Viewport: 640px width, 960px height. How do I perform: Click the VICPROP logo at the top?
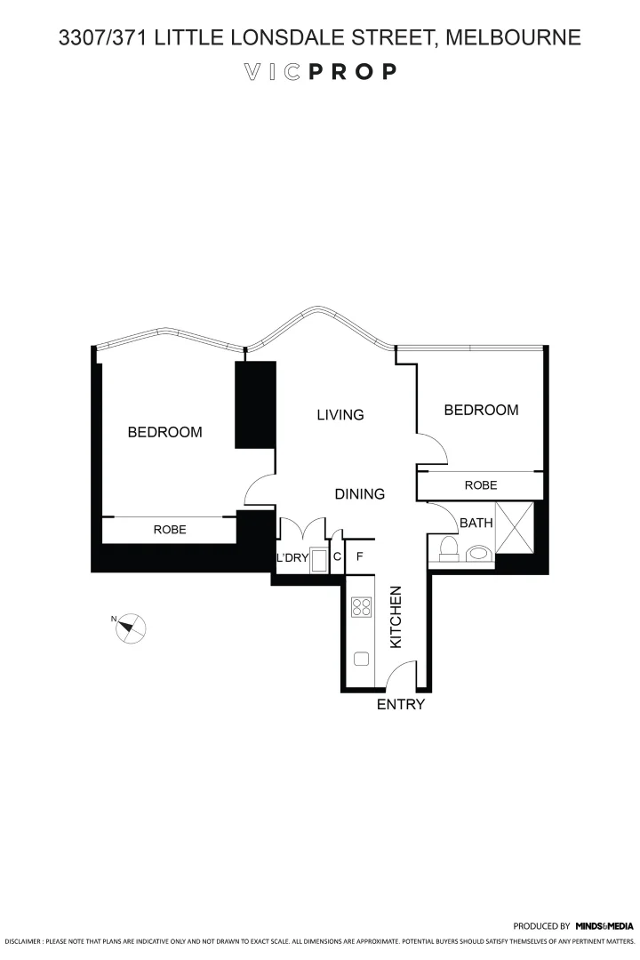pyautogui.click(x=320, y=72)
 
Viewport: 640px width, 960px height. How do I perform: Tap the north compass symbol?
pyautogui.click(x=130, y=627)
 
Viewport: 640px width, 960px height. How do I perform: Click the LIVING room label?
pyautogui.click(x=340, y=415)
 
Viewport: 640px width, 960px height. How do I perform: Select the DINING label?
pyautogui.click(x=359, y=494)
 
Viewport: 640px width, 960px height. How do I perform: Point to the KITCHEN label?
pyautogui.click(x=397, y=616)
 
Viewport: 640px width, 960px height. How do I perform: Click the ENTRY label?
pyautogui.click(x=401, y=705)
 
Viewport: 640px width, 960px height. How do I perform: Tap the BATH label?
pyautogui.click(x=475, y=524)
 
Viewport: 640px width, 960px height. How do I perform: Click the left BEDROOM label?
pyautogui.click(x=164, y=433)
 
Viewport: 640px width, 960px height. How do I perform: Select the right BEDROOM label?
pyautogui.click(x=481, y=410)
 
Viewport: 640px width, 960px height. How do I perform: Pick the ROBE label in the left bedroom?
pyautogui.click(x=170, y=529)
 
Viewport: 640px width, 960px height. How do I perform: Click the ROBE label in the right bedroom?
pyautogui.click(x=481, y=485)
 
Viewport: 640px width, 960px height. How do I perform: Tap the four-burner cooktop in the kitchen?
pyautogui.click(x=361, y=607)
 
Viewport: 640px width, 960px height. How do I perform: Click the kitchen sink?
pyautogui.click(x=361, y=659)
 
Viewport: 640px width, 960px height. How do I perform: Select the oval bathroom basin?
pyautogui.click(x=478, y=553)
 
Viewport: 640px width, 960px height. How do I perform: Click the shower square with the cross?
pyautogui.click(x=515, y=528)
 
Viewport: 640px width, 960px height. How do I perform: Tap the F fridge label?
pyautogui.click(x=360, y=557)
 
